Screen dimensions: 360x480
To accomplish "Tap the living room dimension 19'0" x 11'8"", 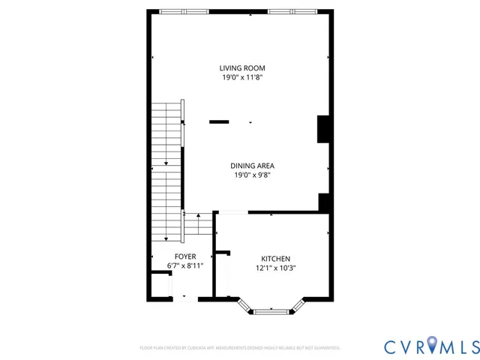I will click(241, 77).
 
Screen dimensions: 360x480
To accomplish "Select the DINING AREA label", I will click(252, 166).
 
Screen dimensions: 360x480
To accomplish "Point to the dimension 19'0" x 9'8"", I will click(252, 175).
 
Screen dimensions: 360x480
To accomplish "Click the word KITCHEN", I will click(275, 258).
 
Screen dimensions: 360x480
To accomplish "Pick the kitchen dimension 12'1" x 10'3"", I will click(275, 268).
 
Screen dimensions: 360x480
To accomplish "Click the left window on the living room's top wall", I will click(184, 11).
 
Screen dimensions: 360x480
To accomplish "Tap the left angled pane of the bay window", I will click(245, 304).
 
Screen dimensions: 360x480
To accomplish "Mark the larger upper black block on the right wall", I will click(324, 128).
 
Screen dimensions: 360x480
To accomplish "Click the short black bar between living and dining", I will click(219, 121).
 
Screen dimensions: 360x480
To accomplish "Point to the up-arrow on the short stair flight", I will click(198, 215).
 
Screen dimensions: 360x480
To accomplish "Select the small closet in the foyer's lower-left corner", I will click(160, 285).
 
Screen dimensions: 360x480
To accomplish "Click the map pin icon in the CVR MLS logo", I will click(434, 346).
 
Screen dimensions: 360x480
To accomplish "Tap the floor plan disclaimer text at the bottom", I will click(240, 348).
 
